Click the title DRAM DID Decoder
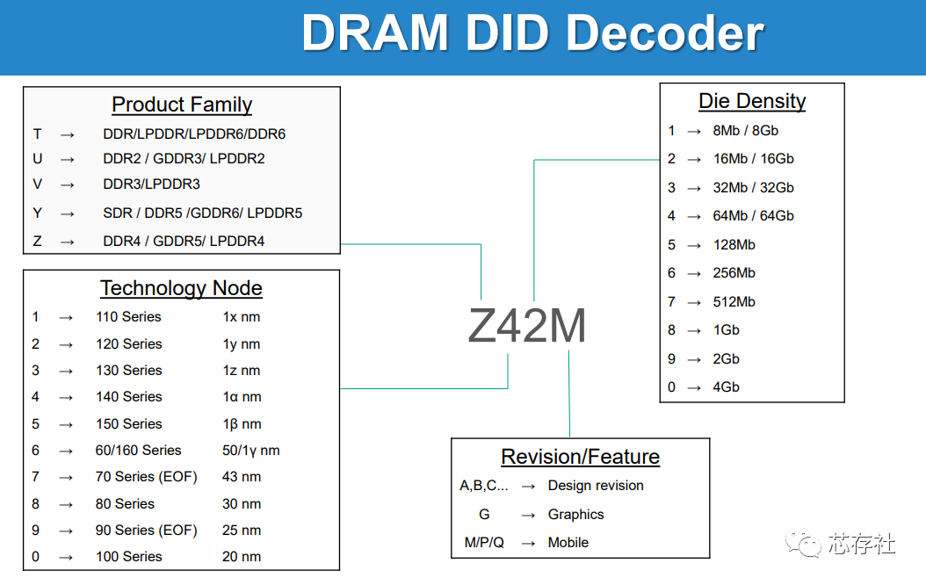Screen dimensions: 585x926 (532, 33)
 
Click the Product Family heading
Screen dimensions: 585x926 (182, 105)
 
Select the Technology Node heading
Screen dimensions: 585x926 (181, 288)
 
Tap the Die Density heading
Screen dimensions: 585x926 (752, 101)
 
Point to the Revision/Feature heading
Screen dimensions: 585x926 (580, 457)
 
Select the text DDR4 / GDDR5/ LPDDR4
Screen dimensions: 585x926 (184, 241)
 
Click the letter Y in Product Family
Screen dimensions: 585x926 (37, 213)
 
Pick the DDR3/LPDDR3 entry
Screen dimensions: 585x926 (151, 184)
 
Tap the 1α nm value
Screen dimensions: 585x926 (242, 397)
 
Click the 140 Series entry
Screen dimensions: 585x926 (129, 397)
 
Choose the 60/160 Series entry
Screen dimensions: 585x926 (139, 451)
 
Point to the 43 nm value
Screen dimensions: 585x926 (242, 477)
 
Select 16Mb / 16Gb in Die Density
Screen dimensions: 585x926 (753, 159)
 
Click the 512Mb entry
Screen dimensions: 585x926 (734, 302)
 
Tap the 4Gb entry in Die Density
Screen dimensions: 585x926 (726, 387)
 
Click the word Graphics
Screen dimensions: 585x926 (575, 515)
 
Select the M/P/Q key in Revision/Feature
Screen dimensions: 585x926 (484, 543)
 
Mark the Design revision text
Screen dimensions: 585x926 (596, 486)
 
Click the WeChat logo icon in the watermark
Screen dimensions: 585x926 (802, 543)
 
